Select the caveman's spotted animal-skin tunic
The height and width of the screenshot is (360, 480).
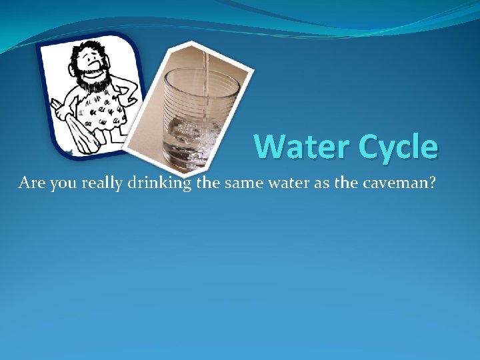[103, 110]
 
